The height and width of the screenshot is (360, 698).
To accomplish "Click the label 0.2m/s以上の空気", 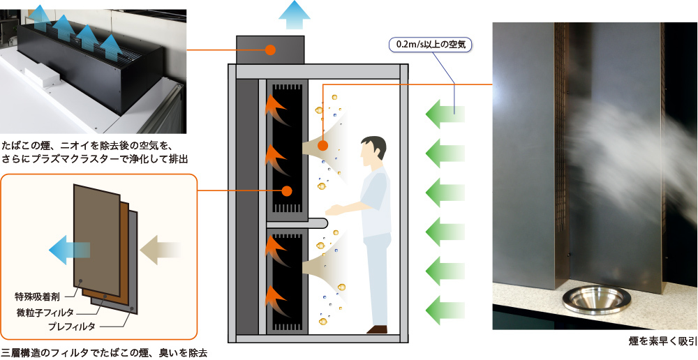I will click(430, 45).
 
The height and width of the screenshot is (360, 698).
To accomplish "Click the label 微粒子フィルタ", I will click(45, 312).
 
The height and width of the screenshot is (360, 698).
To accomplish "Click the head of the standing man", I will click(373, 150).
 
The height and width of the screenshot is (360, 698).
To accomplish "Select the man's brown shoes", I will click(377, 329).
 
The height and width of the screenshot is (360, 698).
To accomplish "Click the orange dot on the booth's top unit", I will click(270, 50).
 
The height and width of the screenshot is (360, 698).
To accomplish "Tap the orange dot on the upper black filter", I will click(286, 190).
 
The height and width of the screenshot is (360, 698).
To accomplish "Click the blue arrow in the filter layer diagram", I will click(69, 248).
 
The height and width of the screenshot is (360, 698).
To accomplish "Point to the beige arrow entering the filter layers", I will click(161, 249).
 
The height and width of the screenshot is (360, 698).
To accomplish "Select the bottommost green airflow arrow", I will click(445, 308).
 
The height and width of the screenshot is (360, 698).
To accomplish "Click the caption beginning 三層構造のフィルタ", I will click(104, 352).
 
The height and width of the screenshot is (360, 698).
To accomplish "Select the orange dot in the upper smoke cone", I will click(322, 146).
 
